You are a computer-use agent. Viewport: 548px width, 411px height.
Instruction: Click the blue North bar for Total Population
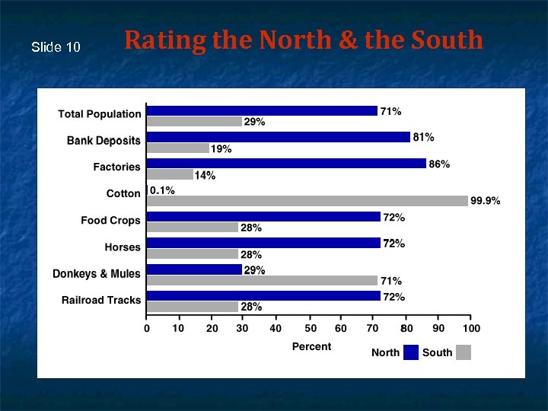click(262, 111)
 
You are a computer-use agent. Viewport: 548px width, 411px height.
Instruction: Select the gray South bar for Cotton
click(307, 201)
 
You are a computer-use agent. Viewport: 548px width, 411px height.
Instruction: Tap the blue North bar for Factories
click(286, 164)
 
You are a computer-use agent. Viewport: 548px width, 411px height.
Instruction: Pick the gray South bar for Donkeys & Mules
click(262, 280)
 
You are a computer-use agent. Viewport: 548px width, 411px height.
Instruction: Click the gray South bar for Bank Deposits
click(177, 148)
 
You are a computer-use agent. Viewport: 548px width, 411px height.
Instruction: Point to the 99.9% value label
click(485, 201)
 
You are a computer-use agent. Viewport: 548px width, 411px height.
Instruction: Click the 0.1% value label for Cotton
click(162, 190)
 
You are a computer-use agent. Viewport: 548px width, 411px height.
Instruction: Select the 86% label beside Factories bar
click(439, 164)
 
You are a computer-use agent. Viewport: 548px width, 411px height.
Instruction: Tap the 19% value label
click(221, 149)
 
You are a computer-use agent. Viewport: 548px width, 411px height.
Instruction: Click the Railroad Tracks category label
click(101, 300)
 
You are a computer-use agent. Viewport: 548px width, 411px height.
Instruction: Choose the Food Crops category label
click(110, 220)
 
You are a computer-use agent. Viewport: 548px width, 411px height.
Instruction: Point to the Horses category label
click(123, 247)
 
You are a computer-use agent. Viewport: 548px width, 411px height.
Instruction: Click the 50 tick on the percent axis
click(311, 328)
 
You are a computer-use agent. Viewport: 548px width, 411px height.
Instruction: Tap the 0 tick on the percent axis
click(147, 328)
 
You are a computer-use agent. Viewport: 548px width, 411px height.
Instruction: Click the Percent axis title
click(311, 346)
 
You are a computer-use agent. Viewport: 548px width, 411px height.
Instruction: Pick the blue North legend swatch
click(411, 352)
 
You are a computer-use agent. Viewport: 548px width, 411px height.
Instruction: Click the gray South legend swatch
click(464, 352)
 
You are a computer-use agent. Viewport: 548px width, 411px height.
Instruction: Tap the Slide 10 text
click(56, 47)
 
